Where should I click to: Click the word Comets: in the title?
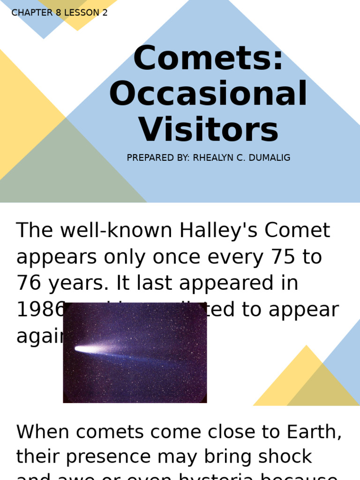[x=208, y=58]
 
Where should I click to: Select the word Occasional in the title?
[x=208, y=94]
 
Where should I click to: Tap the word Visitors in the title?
[x=208, y=129]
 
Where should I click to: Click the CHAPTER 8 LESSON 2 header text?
[x=60, y=13]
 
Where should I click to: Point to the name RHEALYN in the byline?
[x=213, y=158]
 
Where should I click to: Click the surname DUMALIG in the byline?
[x=270, y=158]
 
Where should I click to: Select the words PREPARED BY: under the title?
[x=157, y=158]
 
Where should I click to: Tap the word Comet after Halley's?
[x=297, y=231]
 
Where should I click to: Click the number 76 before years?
[x=29, y=283]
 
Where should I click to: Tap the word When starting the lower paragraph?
[x=40, y=432]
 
